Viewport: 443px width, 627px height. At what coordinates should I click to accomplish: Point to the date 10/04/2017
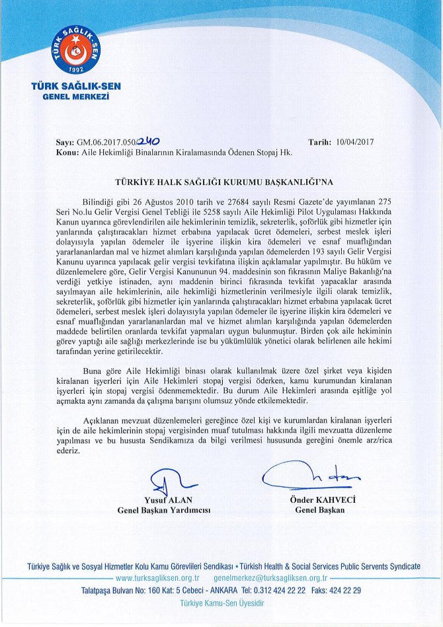coord(356,141)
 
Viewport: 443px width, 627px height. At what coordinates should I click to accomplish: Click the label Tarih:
coord(321,141)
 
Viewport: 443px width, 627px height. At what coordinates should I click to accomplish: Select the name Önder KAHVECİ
coord(323,500)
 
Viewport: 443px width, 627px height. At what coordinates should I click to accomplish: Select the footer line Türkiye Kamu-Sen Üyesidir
coord(221,603)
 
